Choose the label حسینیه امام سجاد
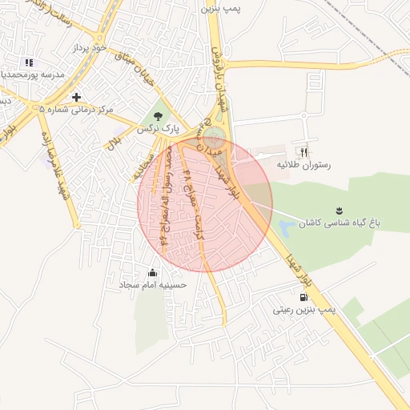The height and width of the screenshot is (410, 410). (153, 284)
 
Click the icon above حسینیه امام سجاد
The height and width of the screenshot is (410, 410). (153, 272)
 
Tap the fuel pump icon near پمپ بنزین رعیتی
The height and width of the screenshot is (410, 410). (303, 296)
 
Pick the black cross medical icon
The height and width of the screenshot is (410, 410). (76, 97)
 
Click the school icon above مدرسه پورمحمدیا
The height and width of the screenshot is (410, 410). (29, 62)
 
